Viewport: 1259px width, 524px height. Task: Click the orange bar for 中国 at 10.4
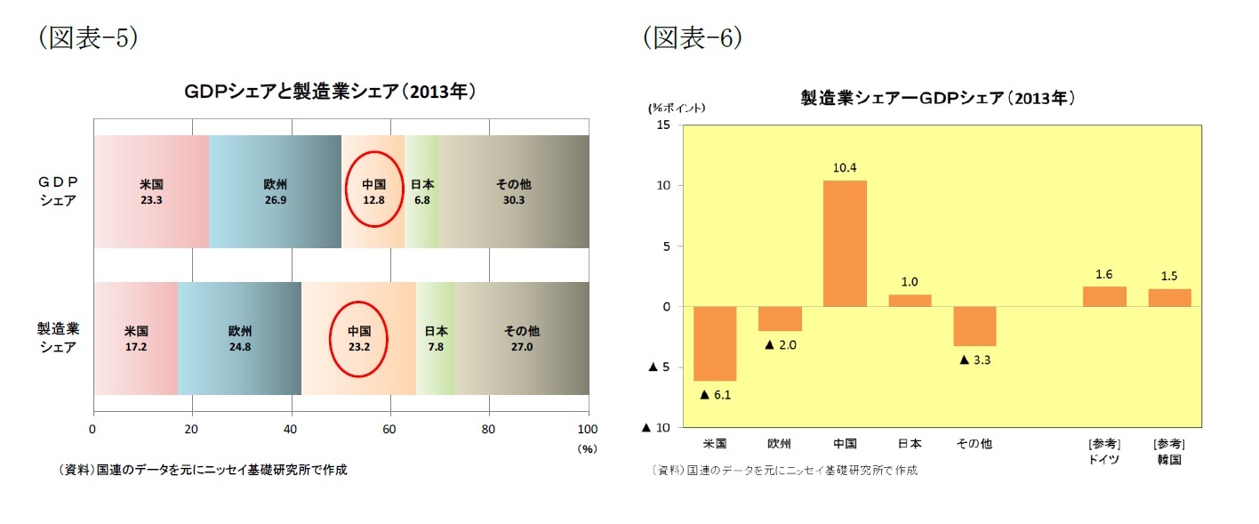click(x=845, y=243)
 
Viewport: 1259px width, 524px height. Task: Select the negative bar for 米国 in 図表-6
click(x=715, y=343)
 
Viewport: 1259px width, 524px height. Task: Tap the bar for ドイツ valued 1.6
click(x=1104, y=296)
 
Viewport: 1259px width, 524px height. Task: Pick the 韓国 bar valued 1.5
click(x=1169, y=298)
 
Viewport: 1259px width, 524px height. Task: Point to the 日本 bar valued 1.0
click(x=910, y=300)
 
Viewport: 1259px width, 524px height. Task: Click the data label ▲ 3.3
click(x=975, y=359)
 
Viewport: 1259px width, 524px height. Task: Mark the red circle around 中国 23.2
click(x=359, y=338)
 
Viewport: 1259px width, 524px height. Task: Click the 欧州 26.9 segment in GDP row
click(x=275, y=192)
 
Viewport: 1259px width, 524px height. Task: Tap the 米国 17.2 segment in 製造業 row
click(x=136, y=338)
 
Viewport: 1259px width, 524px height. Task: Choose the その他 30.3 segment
click(x=513, y=192)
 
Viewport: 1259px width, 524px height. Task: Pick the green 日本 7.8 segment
click(x=436, y=338)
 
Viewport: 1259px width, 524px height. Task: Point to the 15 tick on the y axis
click(x=663, y=125)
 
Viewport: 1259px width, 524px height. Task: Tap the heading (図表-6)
click(x=694, y=38)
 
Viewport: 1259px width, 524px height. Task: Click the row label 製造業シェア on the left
click(x=58, y=338)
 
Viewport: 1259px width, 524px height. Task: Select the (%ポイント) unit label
click(x=677, y=108)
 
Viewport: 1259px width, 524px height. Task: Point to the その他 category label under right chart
click(x=974, y=443)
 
